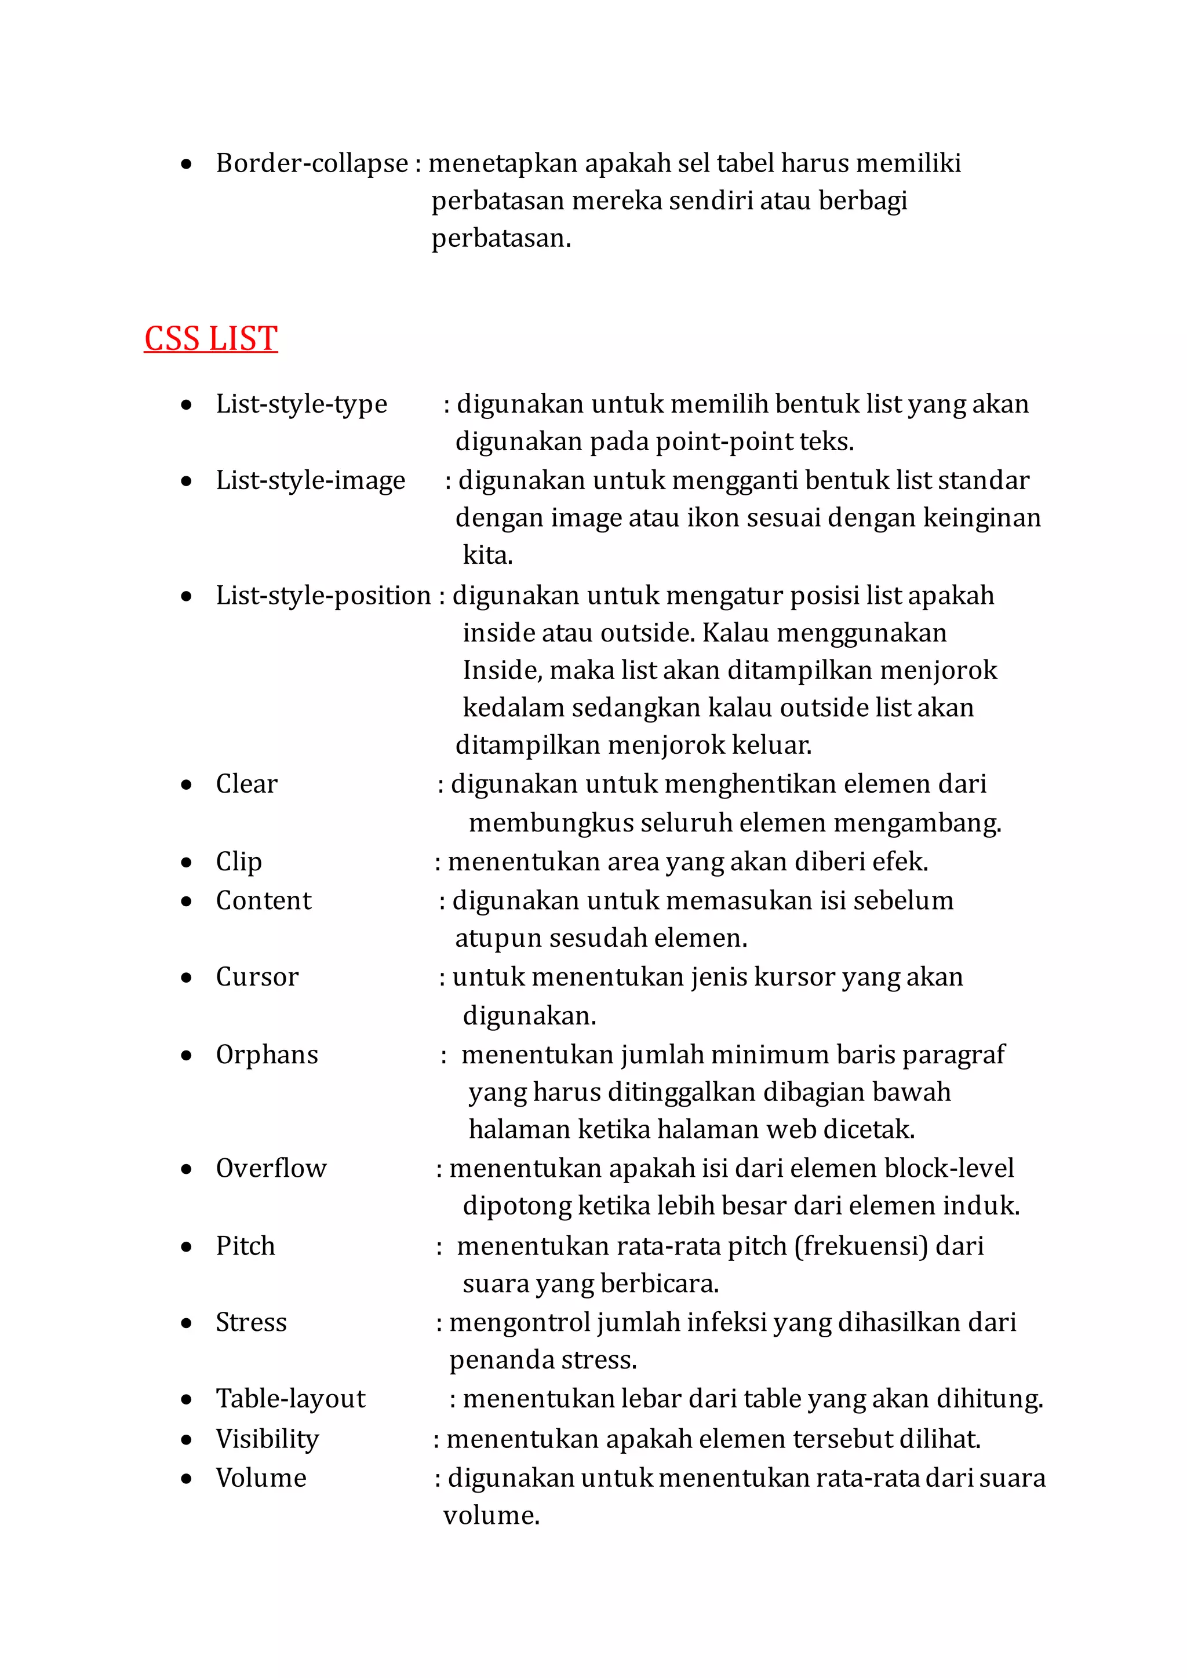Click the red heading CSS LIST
[210, 339]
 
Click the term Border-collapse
[312, 163]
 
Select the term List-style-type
[301, 404]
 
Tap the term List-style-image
[310, 480]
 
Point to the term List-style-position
[323, 596]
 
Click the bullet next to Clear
[187, 785]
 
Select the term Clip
[238, 862]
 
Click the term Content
[263, 900]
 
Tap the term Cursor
[257, 977]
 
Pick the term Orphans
[267, 1055]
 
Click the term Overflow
[271, 1168]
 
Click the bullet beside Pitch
[187, 1247]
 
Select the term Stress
[251, 1322]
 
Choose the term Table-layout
[290, 1399]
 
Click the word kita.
[487, 556]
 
